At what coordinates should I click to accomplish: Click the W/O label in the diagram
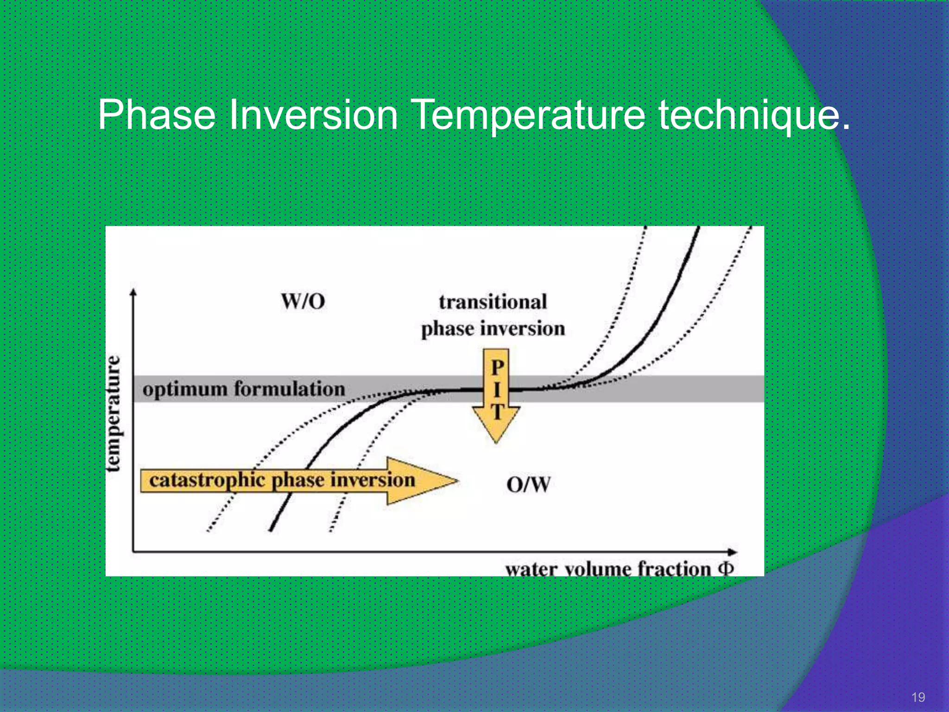[303, 302]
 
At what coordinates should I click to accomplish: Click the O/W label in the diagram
[528, 485]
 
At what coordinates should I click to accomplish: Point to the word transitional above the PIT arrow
[493, 302]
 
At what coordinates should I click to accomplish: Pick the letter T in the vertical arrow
[497, 412]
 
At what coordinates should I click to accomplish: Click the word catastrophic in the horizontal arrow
[209, 480]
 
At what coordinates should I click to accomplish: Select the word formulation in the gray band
[290, 388]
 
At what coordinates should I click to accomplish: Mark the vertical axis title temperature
[113, 413]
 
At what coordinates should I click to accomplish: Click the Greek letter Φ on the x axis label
[726, 568]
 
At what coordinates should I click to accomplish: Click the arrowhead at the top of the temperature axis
[133, 292]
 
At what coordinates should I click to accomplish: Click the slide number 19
[918, 697]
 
